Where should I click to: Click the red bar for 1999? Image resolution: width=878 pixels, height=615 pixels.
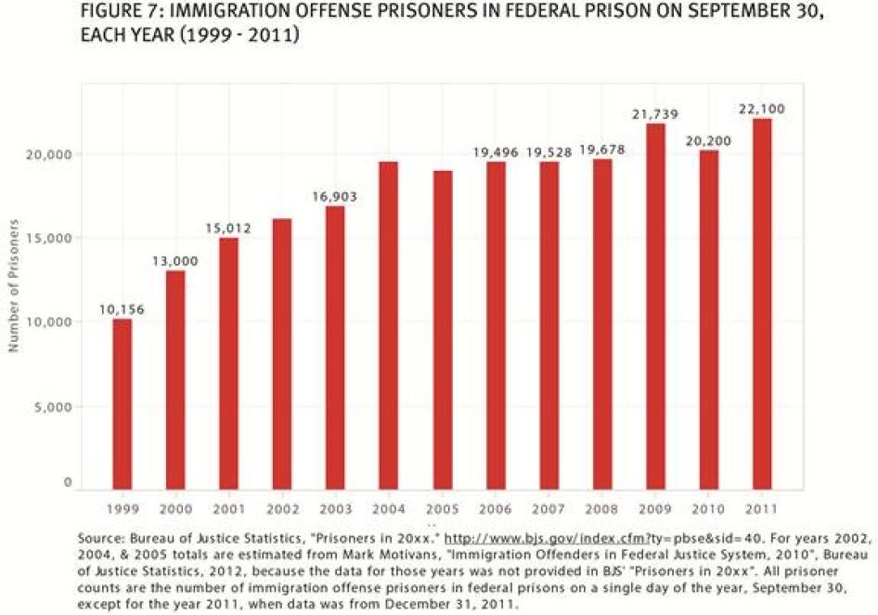pos(122,403)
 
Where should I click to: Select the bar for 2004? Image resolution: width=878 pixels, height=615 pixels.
pos(388,325)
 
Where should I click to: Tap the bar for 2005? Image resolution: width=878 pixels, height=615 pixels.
pos(442,330)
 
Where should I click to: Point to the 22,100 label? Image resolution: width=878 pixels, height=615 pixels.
pos(761,109)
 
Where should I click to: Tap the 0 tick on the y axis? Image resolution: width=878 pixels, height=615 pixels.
pos(68,483)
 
